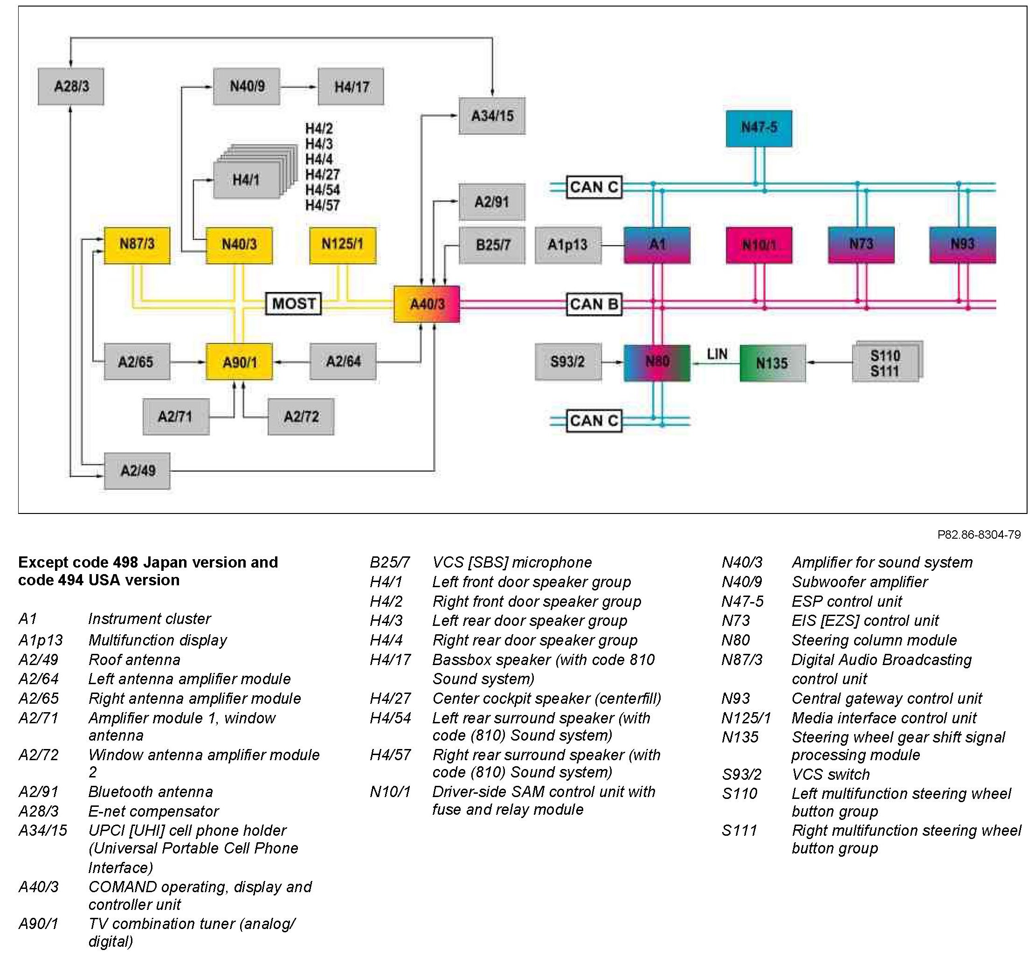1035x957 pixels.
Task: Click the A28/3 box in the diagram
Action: click(x=71, y=86)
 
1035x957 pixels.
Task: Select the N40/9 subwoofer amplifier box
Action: click(x=247, y=86)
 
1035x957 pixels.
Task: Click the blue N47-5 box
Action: click(x=759, y=128)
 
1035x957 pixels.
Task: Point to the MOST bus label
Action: click(x=293, y=304)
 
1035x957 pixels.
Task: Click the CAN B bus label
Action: click(x=593, y=304)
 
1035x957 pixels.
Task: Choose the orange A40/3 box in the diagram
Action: click(x=427, y=304)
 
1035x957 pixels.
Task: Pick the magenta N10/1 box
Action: click(x=759, y=245)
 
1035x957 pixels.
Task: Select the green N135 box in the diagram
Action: click(x=772, y=363)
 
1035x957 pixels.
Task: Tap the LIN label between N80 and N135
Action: click(x=717, y=354)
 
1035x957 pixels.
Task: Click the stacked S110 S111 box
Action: click(x=885, y=363)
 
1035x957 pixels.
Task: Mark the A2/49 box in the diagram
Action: click(x=137, y=471)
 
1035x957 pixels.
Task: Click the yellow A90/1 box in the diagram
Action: click(x=239, y=362)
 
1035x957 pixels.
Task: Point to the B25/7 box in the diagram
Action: click(x=492, y=245)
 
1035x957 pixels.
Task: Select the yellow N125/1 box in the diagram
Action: click(x=343, y=245)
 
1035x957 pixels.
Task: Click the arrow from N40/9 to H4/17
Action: click(x=299, y=86)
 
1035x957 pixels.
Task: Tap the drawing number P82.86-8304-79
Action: click(x=979, y=534)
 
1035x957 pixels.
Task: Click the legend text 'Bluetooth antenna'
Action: click(x=150, y=792)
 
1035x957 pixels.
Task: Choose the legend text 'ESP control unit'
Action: click(x=847, y=601)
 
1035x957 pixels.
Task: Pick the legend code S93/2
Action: click(x=741, y=775)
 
